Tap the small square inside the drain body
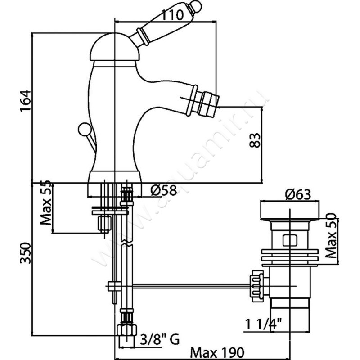click(x=288, y=239)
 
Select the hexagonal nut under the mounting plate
click(x=104, y=223)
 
